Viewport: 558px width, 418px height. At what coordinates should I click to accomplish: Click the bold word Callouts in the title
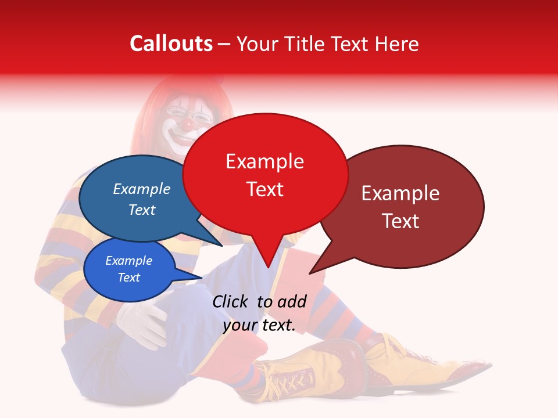tap(171, 44)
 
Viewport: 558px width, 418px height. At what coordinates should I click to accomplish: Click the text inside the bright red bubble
tap(264, 175)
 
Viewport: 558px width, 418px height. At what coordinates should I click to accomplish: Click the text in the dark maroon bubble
tap(400, 207)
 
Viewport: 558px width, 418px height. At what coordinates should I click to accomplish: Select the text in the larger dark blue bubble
tap(142, 199)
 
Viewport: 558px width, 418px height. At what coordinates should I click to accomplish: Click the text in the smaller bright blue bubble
tap(128, 269)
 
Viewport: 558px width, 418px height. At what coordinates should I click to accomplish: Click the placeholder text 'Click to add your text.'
tap(259, 313)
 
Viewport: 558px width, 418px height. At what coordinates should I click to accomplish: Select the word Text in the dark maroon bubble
tap(400, 221)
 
